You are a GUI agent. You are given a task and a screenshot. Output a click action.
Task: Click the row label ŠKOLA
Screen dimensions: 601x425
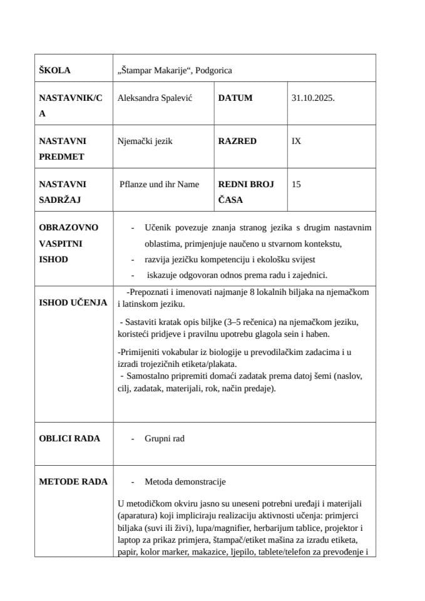pos(54,70)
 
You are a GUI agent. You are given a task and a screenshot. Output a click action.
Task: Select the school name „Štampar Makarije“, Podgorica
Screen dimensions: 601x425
pos(175,70)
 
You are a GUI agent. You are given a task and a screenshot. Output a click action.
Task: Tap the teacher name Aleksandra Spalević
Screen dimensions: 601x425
pos(154,98)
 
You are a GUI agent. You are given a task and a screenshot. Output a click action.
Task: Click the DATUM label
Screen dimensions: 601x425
pos(235,98)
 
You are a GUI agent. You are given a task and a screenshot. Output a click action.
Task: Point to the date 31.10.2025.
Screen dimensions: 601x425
pos(313,98)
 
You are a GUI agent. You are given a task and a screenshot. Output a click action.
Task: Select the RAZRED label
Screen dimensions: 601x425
pos(237,141)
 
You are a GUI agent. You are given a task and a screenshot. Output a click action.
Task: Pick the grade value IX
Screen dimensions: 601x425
pos(296,141)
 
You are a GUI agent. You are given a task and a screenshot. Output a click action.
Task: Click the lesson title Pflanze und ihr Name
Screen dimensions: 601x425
pos(159,184)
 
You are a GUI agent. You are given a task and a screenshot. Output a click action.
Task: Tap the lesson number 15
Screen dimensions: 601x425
pos(296,184)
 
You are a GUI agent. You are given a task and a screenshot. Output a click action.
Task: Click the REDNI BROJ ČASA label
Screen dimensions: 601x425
pos(245,192)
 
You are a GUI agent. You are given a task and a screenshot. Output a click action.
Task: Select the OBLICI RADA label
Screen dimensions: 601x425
pos(69,438)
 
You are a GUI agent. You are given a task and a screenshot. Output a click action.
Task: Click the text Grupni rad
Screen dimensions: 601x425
pos(164,438)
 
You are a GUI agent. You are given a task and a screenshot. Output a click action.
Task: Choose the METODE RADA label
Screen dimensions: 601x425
pos(73,481)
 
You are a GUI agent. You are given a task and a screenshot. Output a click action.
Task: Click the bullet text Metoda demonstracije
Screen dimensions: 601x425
pos(185,481)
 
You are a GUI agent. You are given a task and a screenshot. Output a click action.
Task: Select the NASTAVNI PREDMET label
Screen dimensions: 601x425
pos(63,149)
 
